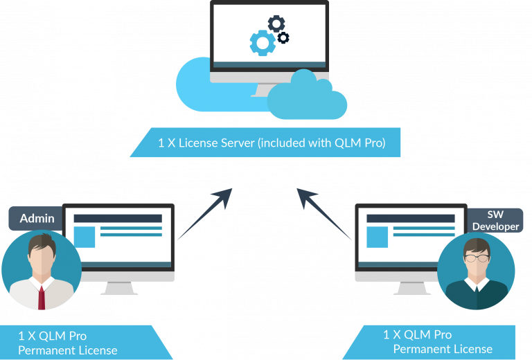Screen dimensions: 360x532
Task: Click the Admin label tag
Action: coord(37,218)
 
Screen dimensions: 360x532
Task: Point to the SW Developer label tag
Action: coord(495,219)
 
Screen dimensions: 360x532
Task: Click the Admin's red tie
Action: coord(42,296)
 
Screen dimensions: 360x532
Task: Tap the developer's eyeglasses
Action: coord(476,258)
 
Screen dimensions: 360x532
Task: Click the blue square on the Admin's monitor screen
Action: coord(85,237)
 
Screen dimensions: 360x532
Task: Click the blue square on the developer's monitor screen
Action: coord(377,237)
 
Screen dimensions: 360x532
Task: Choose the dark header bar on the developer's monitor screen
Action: coord(410,217)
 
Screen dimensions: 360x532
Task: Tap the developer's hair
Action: coord(477,244)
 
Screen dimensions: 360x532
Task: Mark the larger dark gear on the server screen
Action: coord(276,24)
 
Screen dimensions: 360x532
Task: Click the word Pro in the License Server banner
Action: coord(374,144)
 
